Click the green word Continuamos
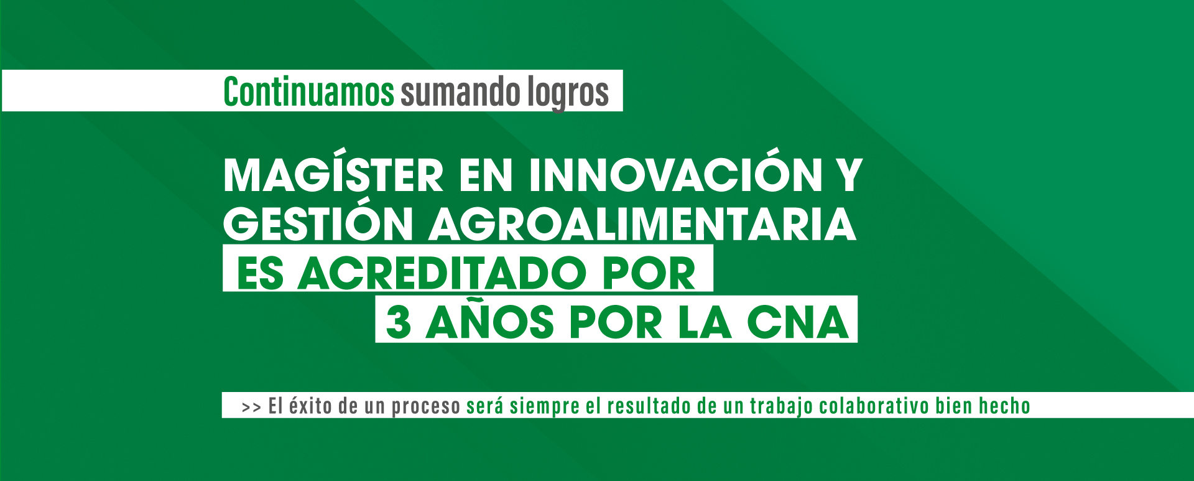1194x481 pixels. click(308, 91)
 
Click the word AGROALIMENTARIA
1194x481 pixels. click(642, 224)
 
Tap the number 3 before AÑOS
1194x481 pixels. click(399, 322)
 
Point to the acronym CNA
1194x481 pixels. click(798, 322)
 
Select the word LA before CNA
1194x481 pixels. click(705, 322)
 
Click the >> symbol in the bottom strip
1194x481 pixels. click(251, 408)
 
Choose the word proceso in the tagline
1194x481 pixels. click(426, 408)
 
